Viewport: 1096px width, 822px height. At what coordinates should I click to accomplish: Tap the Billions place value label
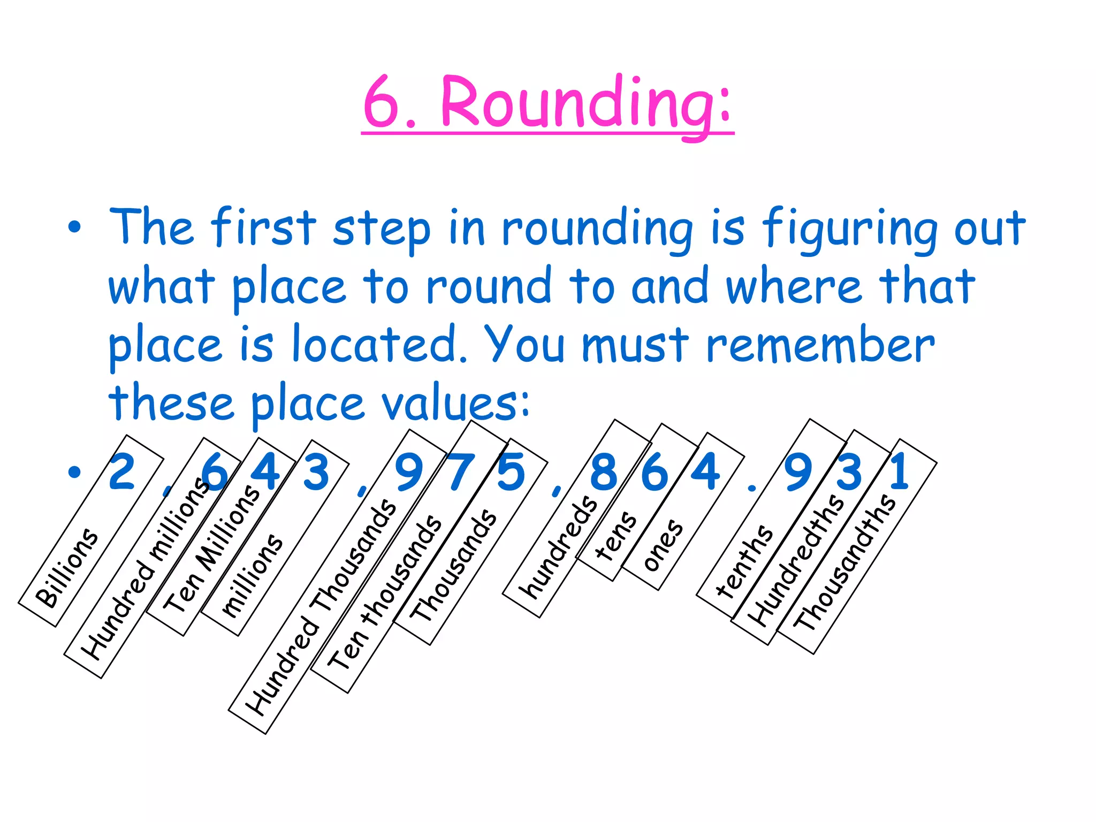(67, 568)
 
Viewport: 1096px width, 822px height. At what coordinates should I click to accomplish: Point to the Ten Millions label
(211, 549)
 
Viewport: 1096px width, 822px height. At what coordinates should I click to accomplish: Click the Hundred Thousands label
(321, 607)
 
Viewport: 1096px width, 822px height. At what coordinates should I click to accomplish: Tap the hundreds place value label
(559, 546)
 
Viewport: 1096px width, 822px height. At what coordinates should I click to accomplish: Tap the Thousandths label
(843, 562)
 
